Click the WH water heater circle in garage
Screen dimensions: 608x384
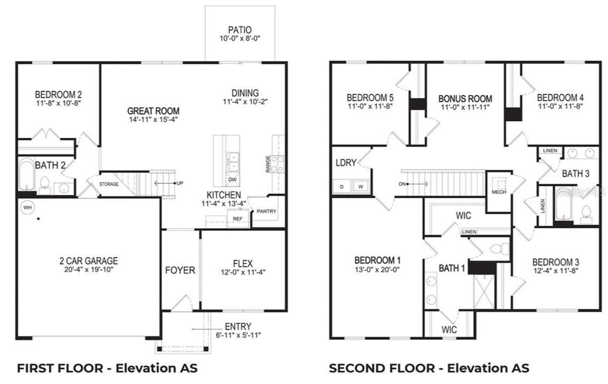(27, 207)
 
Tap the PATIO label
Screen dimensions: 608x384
(240, 30)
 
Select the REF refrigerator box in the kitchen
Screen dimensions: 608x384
(238, 219)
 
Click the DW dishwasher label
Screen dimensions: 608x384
(232, 179)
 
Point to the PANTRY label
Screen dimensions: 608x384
(266, 211)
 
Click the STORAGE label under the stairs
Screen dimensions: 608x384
(109, 184)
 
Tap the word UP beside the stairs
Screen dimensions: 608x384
(180, 183)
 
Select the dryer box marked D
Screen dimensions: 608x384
(342, 186)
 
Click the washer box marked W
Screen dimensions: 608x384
(361, 186)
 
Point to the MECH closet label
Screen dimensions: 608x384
(499, 192)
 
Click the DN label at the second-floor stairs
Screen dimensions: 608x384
(402, 184)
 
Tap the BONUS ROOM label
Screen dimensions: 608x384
(465, 99)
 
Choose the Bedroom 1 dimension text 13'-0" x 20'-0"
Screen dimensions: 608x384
(377, 270)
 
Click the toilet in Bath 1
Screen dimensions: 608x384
(500, 248)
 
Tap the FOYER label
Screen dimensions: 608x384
(180, 270)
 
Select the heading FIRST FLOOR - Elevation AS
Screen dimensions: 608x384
(107, 368)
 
